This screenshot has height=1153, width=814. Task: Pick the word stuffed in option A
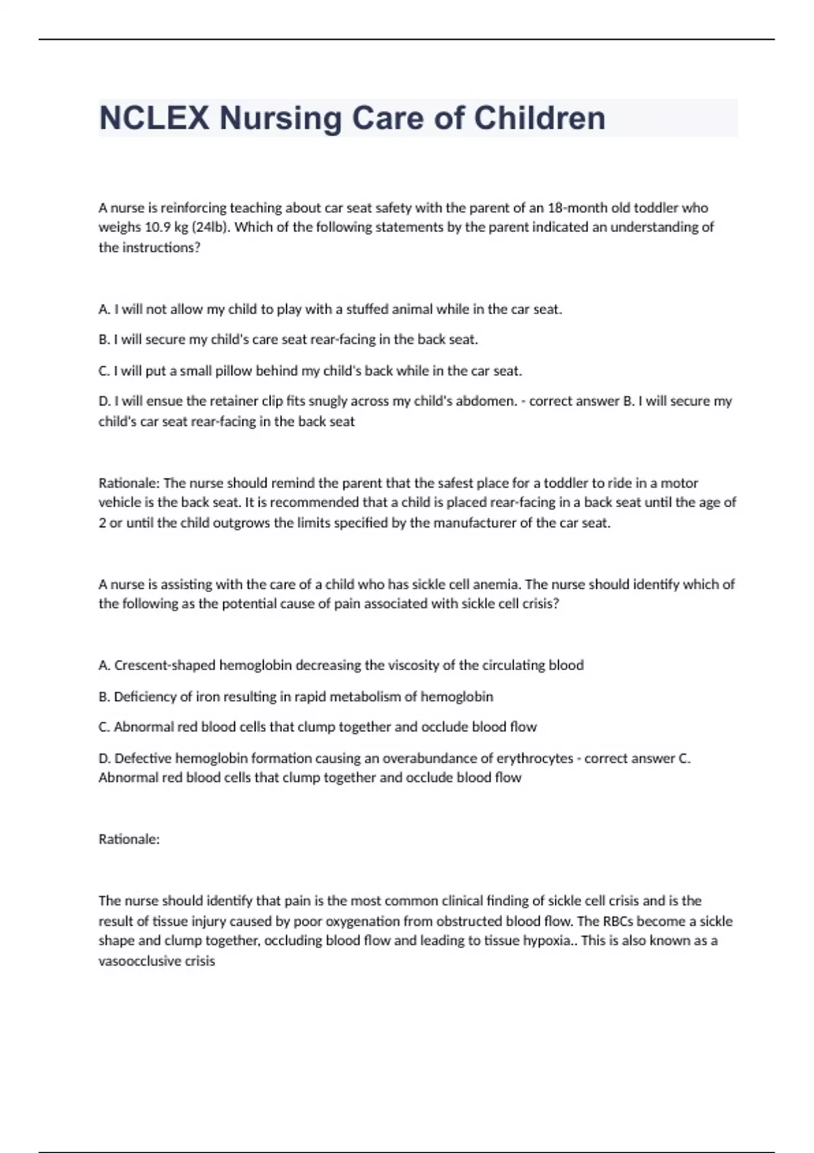coord(367,309)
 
